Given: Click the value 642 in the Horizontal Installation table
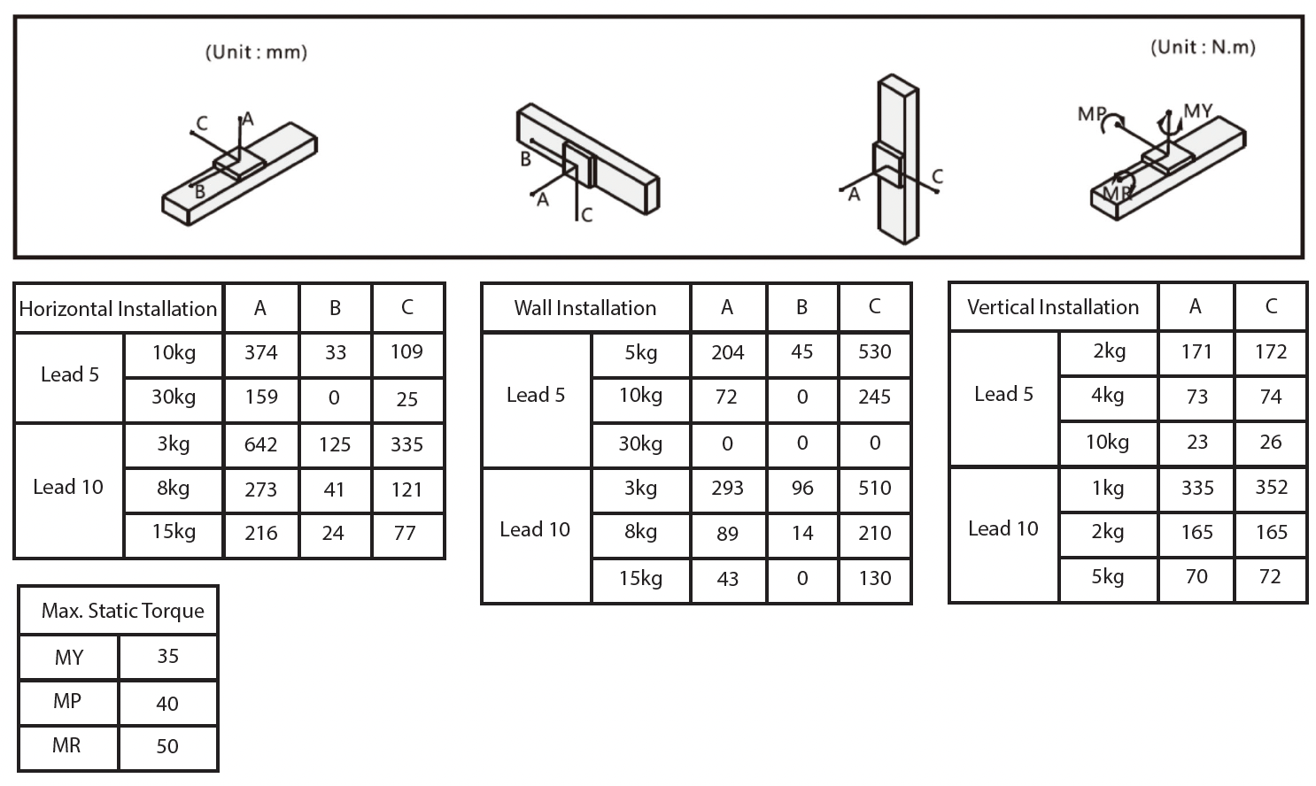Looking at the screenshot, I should (261, 444).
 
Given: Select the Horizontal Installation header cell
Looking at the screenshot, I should (118, 309).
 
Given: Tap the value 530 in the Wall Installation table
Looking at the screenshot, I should (874, 352).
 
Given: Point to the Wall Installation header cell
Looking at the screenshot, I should (585, 308).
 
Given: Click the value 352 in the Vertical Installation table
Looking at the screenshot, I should (1271, 488).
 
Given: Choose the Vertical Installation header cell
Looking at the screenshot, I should (1053, 307).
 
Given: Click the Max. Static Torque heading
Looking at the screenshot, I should (122, 611).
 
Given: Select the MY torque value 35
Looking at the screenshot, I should (167, 657).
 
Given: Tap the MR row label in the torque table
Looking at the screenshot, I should (67, 746).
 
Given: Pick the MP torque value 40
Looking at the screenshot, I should (167, 704).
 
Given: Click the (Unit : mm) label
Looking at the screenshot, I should (256, 52).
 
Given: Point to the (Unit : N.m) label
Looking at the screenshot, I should (1203, 48).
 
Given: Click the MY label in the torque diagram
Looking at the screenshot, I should (1197, 112).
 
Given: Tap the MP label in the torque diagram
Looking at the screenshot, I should (1091, 114).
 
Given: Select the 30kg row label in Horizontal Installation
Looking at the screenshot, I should (174, 397).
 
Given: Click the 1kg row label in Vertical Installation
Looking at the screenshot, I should (1108, 488).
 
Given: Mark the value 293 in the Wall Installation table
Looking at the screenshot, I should (727, 489).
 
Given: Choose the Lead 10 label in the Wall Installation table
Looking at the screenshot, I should (535, 529).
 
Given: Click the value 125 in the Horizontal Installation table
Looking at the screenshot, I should (335, 444).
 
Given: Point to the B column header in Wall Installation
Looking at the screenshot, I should (801, 307).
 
